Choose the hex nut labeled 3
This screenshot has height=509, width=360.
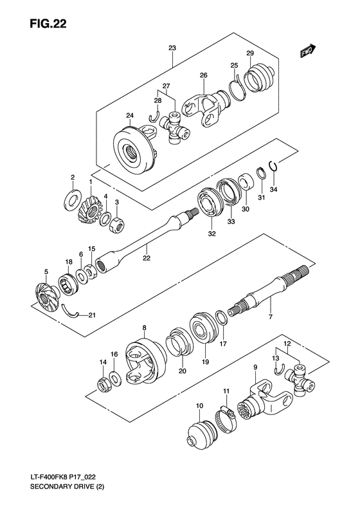point(116,225)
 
